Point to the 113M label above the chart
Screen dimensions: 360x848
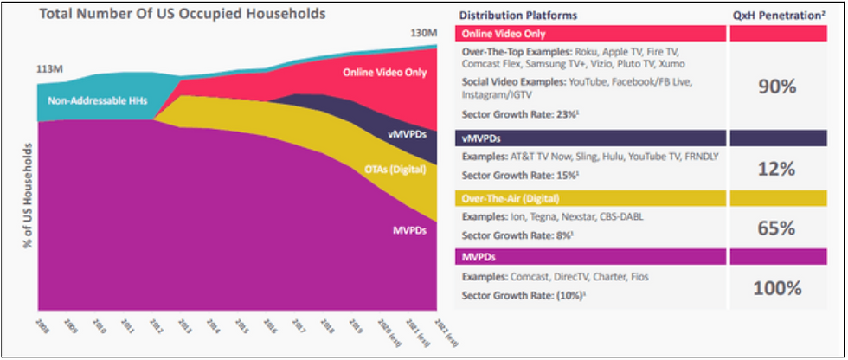[x=49, y=70]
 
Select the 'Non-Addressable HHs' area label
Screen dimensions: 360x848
[x=98, y=101]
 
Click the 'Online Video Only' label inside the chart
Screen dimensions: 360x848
[x=384, y=73]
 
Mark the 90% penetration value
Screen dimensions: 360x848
[x=777, y=87]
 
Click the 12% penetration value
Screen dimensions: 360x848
[x=777, y=169]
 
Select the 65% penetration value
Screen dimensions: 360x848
[x=777, y=228]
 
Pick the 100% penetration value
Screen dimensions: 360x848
[x=777, y=288]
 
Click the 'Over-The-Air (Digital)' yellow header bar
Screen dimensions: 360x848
[x=588, y=197]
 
